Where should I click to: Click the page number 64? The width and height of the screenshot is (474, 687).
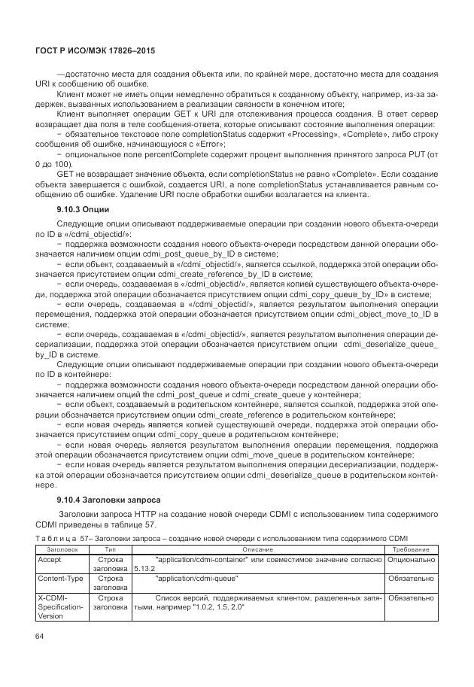[40, 637]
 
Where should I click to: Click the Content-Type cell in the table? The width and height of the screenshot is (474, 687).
[62, 579]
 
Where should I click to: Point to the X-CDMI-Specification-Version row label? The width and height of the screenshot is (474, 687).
[62, 606]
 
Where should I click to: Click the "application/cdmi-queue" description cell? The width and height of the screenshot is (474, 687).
[196, 579]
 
